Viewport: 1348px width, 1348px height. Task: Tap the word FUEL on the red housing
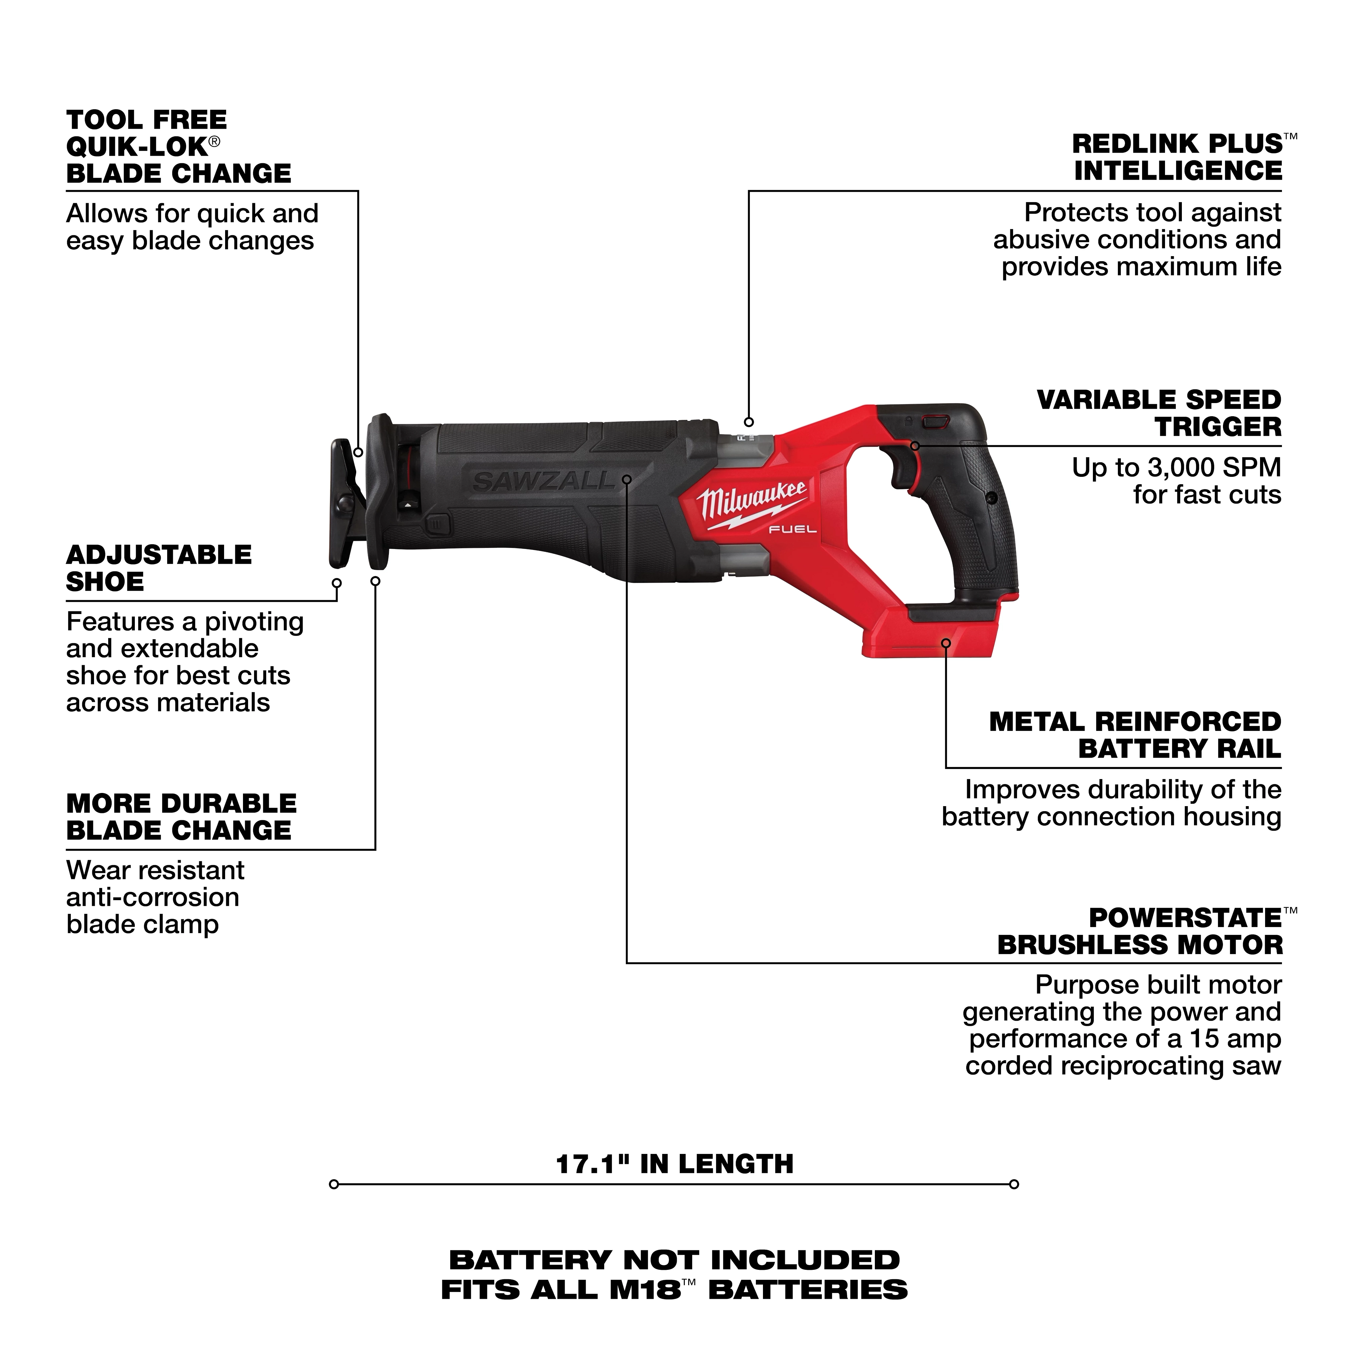coord(793,529)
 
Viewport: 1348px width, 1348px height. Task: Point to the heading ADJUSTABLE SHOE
coord(158,568)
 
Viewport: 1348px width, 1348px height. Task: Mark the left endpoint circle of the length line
coord(334,1184)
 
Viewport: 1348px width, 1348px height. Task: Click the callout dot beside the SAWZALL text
coord(626,479)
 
